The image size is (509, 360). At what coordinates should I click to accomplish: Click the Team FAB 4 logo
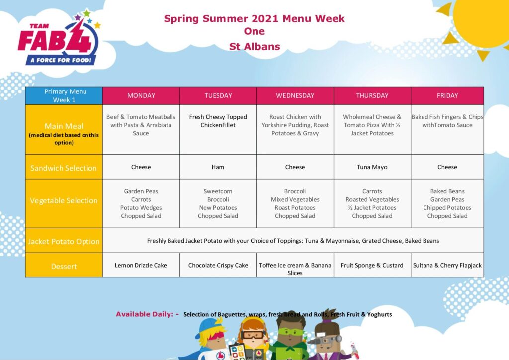(59, 38)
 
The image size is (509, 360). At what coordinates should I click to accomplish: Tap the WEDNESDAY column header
(295, 96)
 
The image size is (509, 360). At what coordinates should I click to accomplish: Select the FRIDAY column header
(447, 96)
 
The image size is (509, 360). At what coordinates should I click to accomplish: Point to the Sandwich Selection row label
(64, 167)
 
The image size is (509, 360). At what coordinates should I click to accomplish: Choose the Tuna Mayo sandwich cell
(372, 167)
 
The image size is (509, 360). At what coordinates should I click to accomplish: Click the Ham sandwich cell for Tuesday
(218, 167)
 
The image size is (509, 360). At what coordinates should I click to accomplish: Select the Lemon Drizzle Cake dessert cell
(141, 265)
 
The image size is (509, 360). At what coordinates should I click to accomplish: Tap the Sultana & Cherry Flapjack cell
(447, 265)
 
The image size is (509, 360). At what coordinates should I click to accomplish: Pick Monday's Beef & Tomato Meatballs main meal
(141, 129)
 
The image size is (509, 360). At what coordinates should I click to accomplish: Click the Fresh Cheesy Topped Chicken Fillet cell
(218, 129)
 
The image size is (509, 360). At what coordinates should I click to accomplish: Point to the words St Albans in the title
(254, 47)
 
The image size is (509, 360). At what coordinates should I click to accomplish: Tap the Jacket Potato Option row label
(64, 241)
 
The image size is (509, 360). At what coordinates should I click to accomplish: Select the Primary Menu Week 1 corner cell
(64, 96)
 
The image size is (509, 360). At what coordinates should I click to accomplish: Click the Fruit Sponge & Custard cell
(372, 265)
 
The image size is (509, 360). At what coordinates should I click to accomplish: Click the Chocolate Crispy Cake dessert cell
(218, 265)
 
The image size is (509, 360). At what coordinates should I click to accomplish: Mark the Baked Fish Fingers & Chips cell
(447, 129)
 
